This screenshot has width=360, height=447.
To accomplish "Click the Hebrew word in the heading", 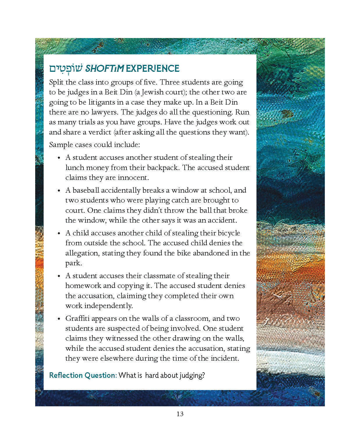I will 66,69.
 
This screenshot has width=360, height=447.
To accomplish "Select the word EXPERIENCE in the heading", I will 153,69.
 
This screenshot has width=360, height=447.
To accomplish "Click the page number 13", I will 180,414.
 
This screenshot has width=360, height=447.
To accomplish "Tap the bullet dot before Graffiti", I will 59,319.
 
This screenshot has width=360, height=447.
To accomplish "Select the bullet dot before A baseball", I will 59,191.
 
